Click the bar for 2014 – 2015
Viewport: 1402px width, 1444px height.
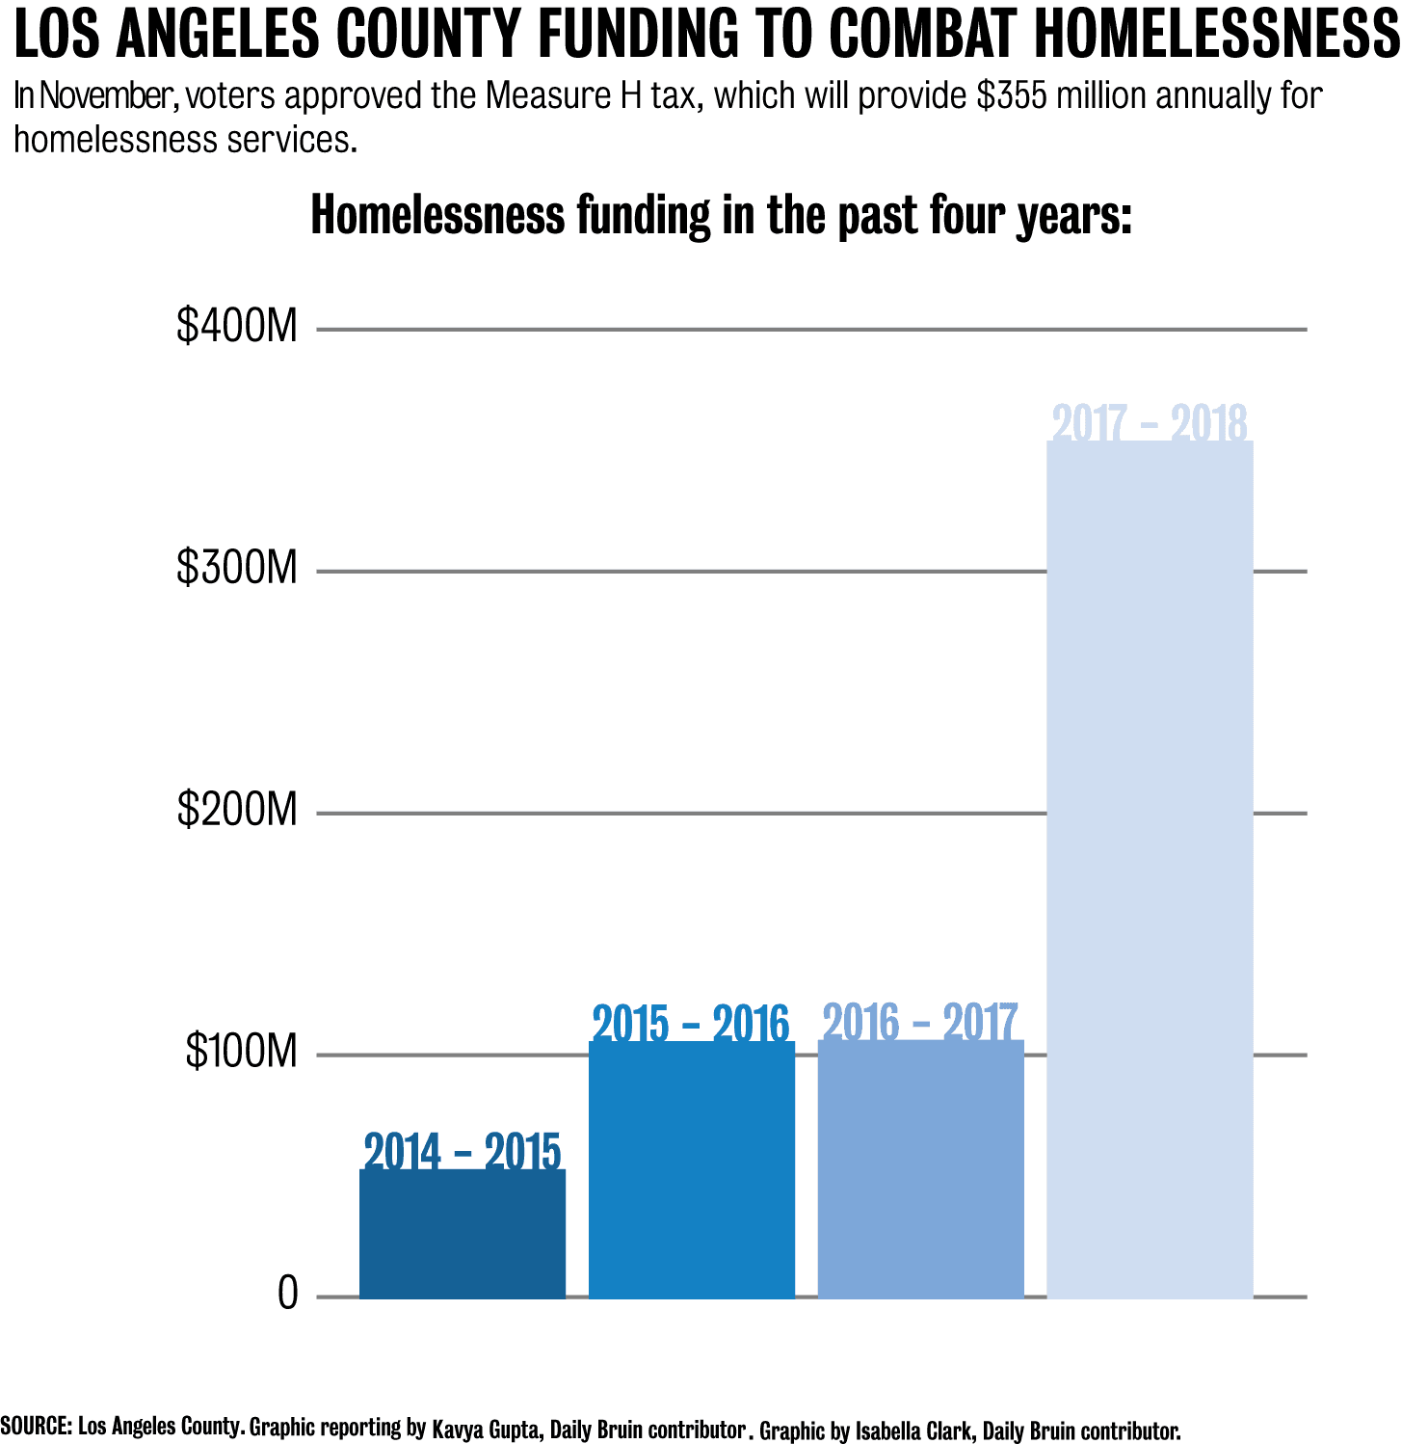463,1234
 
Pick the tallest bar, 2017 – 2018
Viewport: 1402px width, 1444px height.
1150,868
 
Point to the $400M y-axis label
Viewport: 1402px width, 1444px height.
237,327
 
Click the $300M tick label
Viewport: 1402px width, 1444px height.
237,569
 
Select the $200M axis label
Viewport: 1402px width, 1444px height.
237,811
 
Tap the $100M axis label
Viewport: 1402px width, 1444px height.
241,1052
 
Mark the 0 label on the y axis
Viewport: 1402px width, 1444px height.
288,1294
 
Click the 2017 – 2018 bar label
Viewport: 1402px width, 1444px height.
1150,423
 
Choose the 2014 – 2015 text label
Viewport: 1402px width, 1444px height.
463,1151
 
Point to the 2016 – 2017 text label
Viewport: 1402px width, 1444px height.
920,1023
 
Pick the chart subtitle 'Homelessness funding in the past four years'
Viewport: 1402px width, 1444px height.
721,215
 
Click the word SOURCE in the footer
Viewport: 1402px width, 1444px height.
36,1426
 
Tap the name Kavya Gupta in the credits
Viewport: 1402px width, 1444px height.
485,1429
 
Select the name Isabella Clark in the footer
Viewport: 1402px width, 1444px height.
913,1431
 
